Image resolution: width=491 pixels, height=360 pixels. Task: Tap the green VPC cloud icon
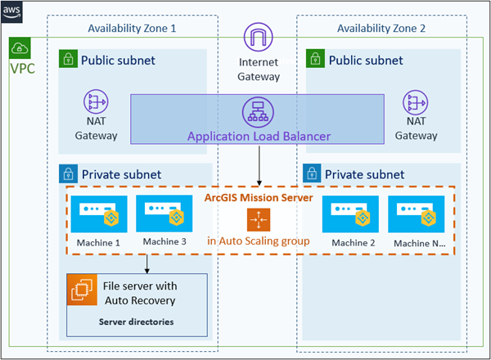pos(19,47)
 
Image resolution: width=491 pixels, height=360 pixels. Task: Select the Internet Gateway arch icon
pos(259,38)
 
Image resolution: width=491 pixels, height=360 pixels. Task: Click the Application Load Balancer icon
pos(259,112)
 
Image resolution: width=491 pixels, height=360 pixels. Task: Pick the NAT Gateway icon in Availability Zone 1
pos(97,102)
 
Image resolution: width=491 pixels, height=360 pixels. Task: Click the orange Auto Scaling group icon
pos(258,219)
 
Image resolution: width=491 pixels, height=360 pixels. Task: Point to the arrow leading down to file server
pos(146,263)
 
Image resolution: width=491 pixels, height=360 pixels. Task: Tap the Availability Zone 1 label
pos(132,29)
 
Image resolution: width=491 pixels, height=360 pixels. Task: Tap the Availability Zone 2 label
pos(381,29)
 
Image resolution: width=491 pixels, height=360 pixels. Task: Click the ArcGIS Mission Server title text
pos(259,198)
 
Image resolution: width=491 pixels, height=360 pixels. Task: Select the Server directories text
pos(136,322)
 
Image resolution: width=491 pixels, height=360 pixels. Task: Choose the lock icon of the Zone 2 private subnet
pos(312,173)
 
